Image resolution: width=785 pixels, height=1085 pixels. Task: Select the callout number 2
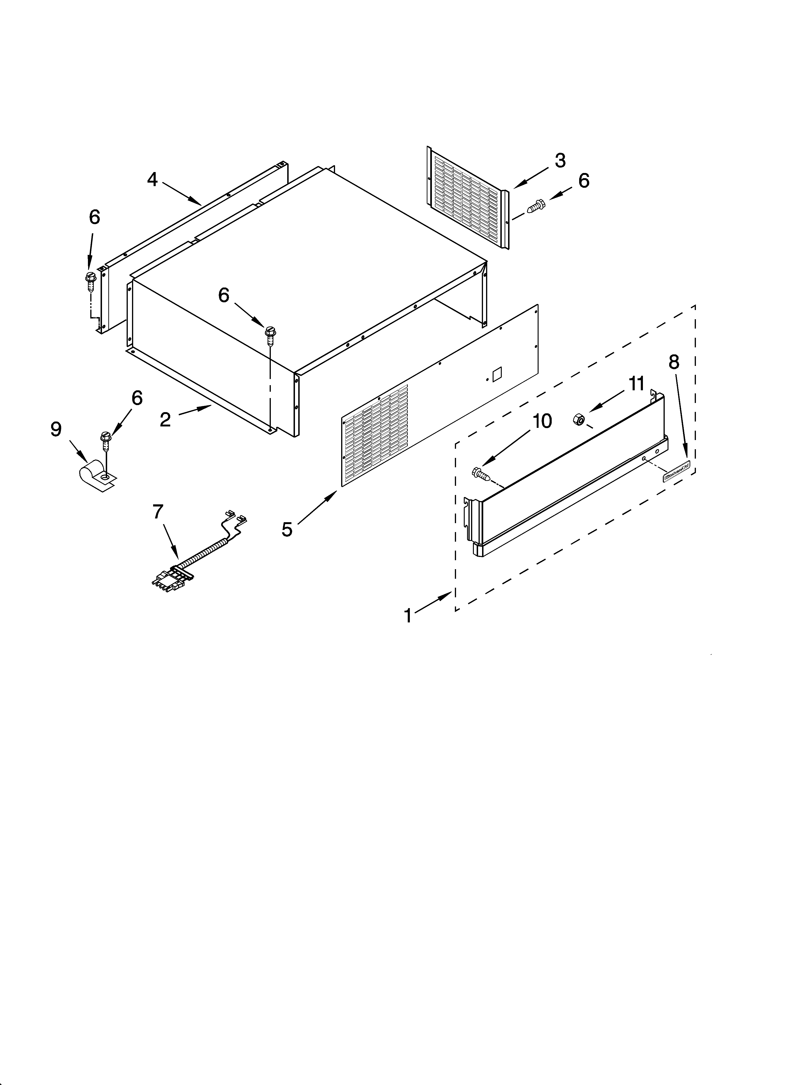[165, 420]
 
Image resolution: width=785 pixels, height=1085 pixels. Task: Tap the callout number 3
[560, 161]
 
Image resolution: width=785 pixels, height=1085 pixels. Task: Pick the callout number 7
[158, 512]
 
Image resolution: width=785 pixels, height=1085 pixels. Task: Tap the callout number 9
[56, 429]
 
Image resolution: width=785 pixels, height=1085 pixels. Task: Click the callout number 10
[542, 421]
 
